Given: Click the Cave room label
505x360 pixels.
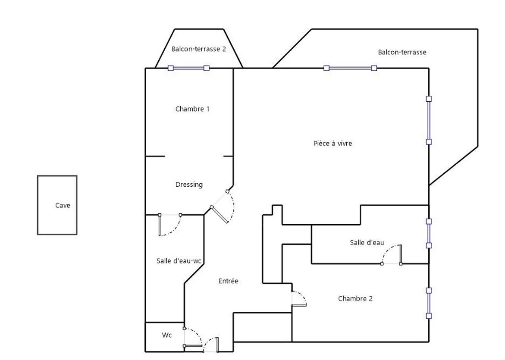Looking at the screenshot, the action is pyautogui.click(x=63, y=206).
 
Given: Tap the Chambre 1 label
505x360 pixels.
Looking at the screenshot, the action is pyautogui.click(x=192, y=109).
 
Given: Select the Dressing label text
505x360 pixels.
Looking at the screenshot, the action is pyautogui.click(x=189, y=185).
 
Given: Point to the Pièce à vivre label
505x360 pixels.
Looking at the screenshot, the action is pyautogui.click(x=332, y=143).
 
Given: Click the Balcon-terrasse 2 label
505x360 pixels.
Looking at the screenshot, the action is pyautogui.click(x=199, y=49).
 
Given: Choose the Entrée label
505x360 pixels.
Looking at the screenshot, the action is pyautogui.click(x=228, y=281).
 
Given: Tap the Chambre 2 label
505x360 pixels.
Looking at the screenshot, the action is pyautogui.click(x=355, y=298).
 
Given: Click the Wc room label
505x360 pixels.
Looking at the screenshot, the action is pyautogui.click(x=167, y=335).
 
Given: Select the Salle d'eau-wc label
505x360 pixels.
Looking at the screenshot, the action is pyautogui.click(x=179, y=261).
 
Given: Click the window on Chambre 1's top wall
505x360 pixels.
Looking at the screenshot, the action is pyautogui.click(x=189, y=68).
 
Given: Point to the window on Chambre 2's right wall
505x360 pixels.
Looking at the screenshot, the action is pyautogui.click(x=429, y=303).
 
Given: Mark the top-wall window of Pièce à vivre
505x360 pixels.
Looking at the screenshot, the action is pyautogui.click(x=350, y=68).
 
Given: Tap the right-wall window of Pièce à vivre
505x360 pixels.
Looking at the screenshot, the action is pyautogui.click(x=429, y=120).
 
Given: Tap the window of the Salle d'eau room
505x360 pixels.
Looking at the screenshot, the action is pyautogui.click(x=429, y=233).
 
